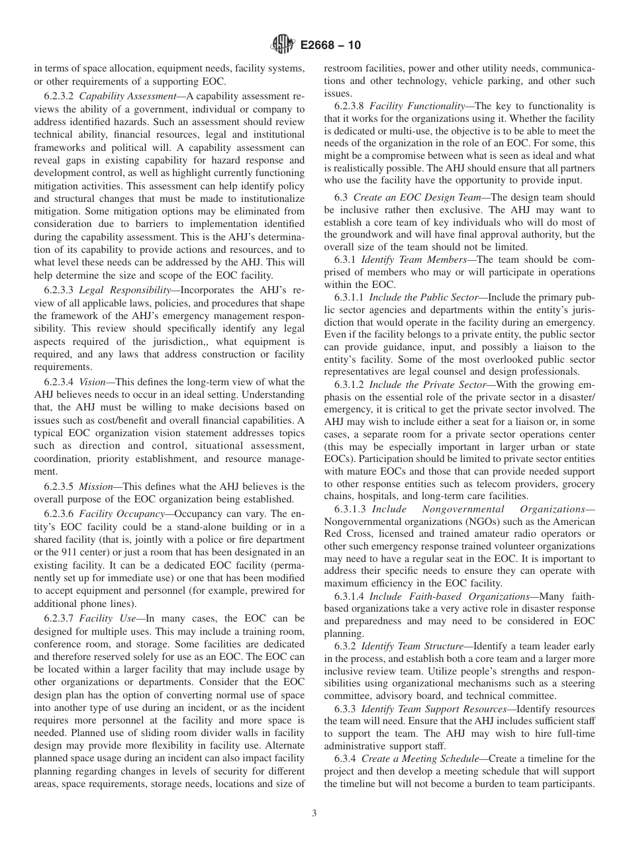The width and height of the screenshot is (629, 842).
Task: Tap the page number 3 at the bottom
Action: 314,814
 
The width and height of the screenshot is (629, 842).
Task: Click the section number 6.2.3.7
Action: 60,619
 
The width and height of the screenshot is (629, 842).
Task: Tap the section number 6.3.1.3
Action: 350,509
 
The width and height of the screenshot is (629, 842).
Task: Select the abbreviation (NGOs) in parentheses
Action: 471,521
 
